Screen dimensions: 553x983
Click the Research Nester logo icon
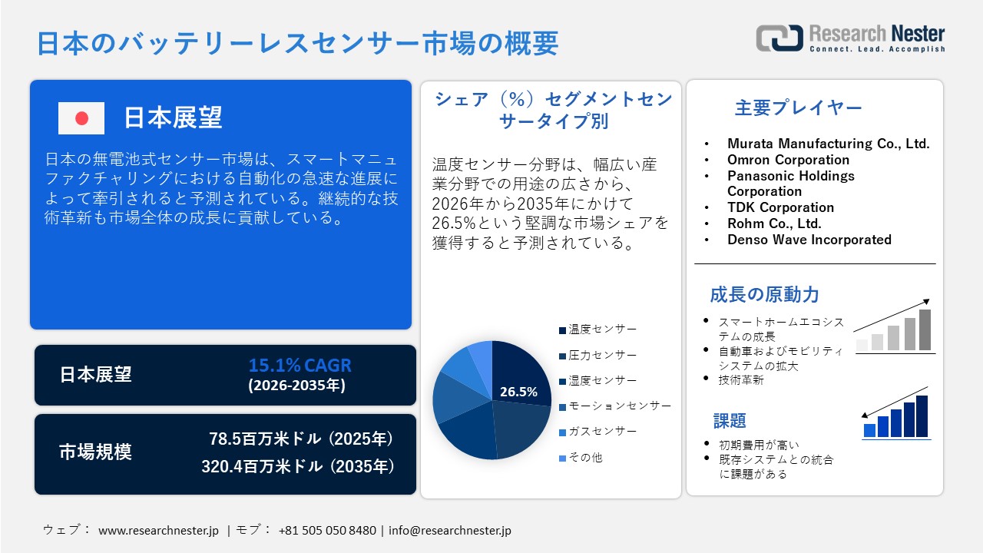pos(779,38)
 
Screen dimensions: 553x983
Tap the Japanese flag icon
pos(81,118)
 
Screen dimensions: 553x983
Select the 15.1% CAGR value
pos(300,365)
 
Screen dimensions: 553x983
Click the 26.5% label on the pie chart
pos(518,392)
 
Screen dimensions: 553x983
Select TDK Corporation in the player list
pos(780,207)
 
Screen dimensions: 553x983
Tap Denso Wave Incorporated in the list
pos(809,240)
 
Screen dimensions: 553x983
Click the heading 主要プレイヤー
pos(798,108)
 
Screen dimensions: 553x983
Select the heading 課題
pos(730,421)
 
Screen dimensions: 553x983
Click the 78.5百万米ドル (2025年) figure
pos(301,439)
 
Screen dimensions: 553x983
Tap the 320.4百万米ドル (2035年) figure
pos(298,466)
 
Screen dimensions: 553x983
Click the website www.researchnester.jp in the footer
pos(158,531)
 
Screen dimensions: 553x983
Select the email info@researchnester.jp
pos(449,531)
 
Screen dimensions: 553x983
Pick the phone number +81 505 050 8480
pos(327,531)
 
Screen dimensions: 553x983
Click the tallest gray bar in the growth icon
pos(925,330)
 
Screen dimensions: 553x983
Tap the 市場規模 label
pos(96,452)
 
